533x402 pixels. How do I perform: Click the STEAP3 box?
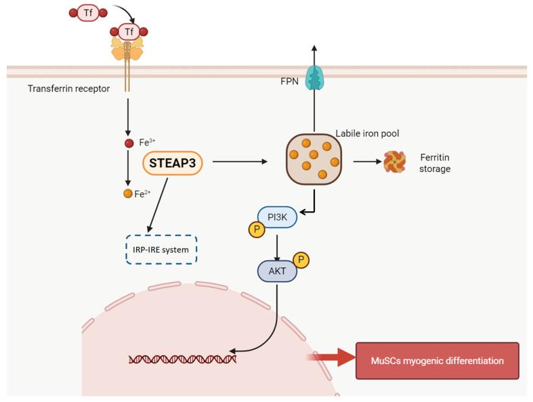click(173, 163)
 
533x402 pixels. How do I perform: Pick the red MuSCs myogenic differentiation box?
click(437, 360)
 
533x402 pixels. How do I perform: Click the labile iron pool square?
click(314, 159)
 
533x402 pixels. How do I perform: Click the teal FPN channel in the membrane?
click(314, 78)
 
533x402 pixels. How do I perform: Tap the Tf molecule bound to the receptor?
click(129, 31)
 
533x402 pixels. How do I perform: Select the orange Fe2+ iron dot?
click(128, 194)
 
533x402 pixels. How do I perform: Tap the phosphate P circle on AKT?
click(301, 260)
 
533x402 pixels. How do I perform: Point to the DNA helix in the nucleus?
click(183, 358)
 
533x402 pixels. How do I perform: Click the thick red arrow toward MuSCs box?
click(332, 359)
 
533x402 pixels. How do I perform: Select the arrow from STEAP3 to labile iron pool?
click(240, 162)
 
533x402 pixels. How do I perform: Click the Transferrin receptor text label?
click(68, 89)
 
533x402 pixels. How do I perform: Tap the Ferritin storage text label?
click(435, 163)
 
